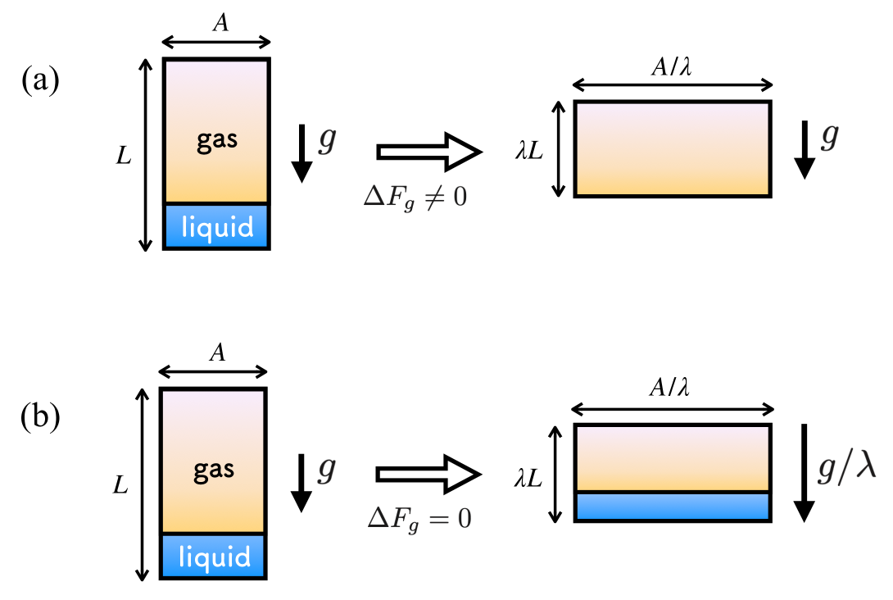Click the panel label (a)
click(x=41, y=82)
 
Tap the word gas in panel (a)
click(x=217, y=139)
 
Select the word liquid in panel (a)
click(x=217, y=226)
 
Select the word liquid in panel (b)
click(x=213, y=557)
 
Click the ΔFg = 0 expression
click(x=418, y=519)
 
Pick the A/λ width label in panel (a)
click(x=672, y=69)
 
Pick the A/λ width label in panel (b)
click(x=672, y=392)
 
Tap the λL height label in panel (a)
click(x=531, y=150)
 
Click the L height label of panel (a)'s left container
click(x=124, y=155)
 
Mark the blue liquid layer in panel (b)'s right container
click(x=672, y=507)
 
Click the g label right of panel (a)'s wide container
click(x=829, y=136)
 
